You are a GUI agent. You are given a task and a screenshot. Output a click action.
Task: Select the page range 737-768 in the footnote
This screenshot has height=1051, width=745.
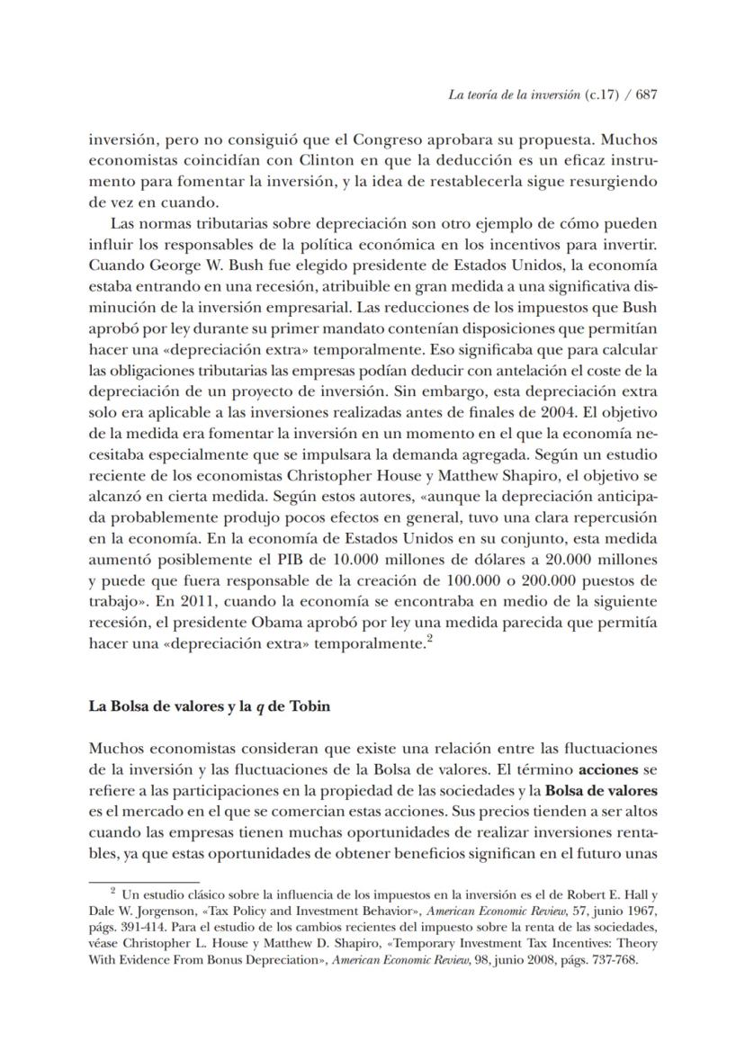pyautogui.click(x=611, y=960)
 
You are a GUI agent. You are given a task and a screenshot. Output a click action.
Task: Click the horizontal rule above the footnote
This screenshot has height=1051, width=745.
pyautogui.click(x=143, y=883)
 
